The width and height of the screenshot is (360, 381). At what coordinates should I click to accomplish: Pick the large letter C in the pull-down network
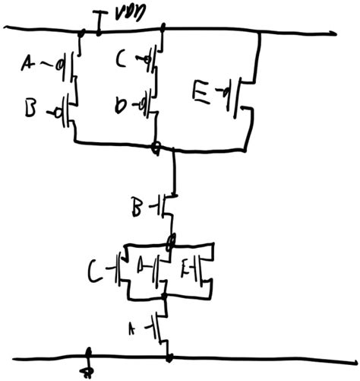96,270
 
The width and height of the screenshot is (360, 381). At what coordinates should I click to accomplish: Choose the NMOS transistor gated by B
166,206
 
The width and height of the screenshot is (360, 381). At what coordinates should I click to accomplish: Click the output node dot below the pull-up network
156,148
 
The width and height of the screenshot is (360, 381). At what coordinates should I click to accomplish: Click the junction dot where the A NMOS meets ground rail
169,356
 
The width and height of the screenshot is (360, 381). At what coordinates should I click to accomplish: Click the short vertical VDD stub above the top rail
102,22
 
